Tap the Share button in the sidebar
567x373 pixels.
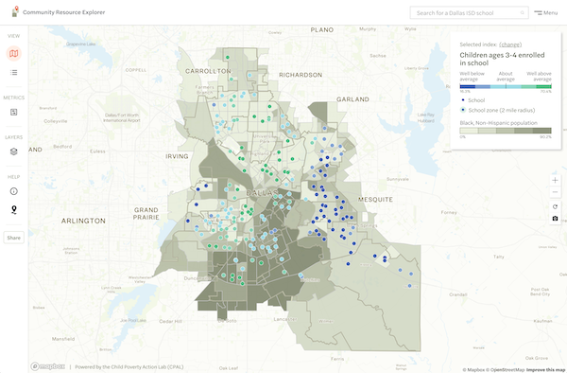[x=13, y=238]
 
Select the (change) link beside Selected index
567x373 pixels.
[x=510, y=44]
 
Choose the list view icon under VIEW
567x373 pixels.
[x=13, y=72]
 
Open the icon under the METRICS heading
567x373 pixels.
[x=13, y=113]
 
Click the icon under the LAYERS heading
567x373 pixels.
[x=13, y=151]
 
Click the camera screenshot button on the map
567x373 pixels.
[x=555, y=219]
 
